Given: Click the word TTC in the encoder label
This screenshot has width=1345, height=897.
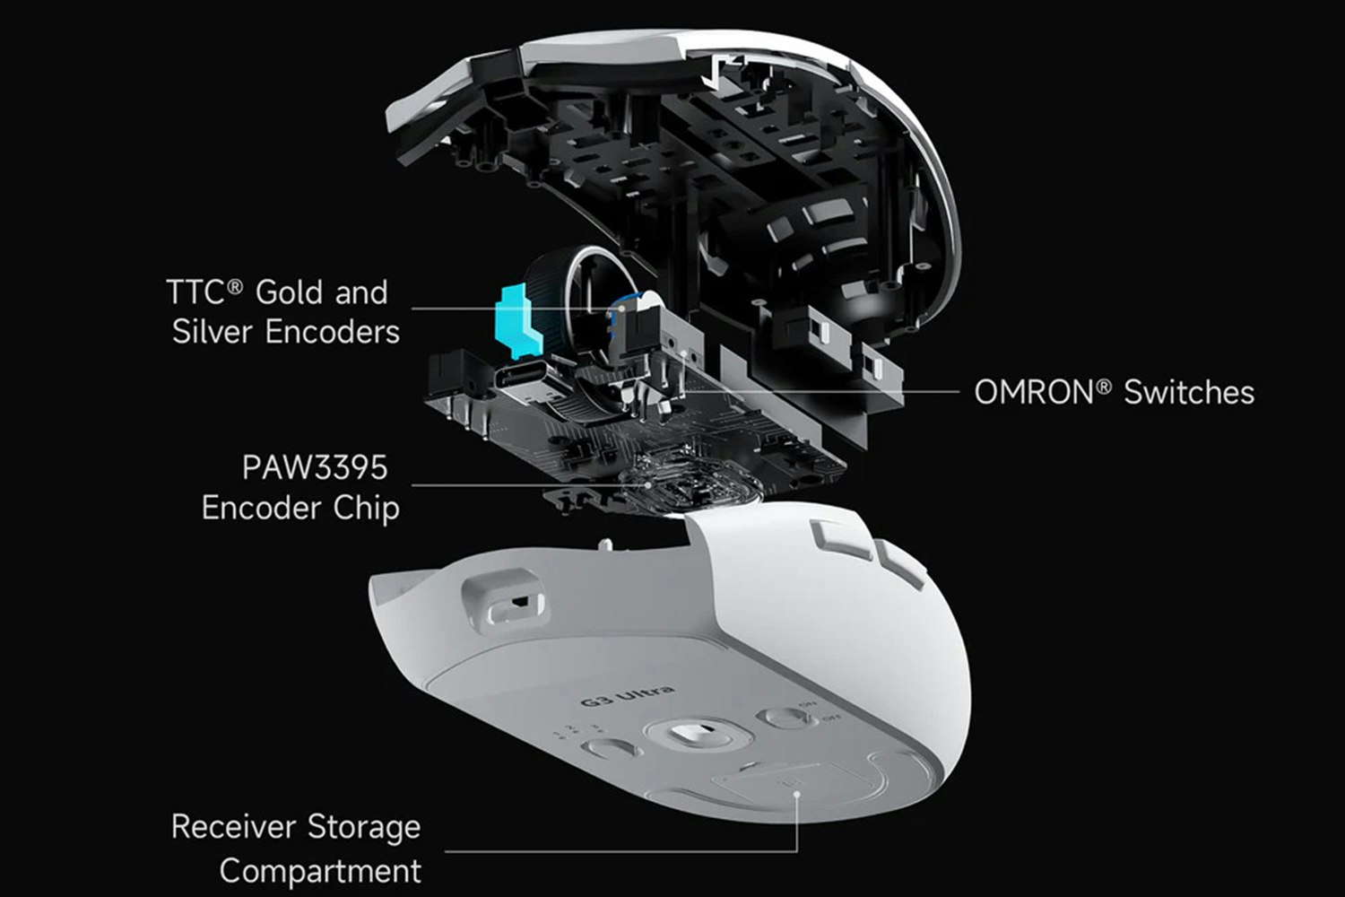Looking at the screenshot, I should coord(193,293).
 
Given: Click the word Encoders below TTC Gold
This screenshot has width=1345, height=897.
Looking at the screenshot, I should coord(332,333).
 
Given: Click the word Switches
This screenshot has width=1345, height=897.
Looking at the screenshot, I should coord(1189,393).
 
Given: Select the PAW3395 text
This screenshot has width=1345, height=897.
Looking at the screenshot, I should coord(314,468).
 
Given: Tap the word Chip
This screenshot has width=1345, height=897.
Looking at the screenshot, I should coord(366,509).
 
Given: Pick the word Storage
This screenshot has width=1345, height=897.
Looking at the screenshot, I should coord(364,827).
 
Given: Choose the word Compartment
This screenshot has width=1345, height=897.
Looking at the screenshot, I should coord(320,871).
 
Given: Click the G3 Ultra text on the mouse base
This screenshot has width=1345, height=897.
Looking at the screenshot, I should coord(628,696).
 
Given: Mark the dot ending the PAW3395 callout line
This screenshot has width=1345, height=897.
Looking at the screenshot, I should coord(649,485).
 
